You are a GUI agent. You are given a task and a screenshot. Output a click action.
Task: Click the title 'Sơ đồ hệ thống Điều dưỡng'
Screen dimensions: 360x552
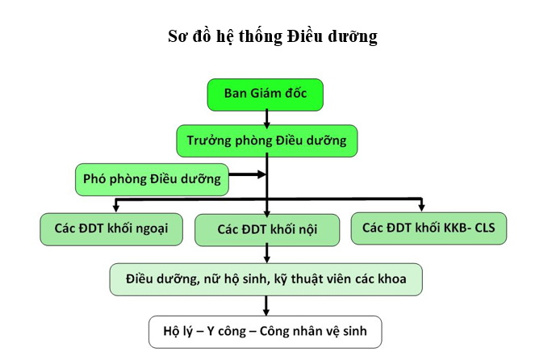pos(273,37)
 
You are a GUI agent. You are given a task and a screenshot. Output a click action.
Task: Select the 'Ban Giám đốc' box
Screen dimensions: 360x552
pos(266,94)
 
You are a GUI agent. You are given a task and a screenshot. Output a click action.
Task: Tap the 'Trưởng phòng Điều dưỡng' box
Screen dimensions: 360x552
pos(267,140)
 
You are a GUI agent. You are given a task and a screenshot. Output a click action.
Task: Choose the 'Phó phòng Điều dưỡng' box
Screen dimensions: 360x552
pos(152,179)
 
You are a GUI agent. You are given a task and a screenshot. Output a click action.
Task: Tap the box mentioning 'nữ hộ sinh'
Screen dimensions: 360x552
pos(266,278)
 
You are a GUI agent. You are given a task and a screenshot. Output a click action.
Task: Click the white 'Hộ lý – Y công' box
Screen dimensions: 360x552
pos(265,332)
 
